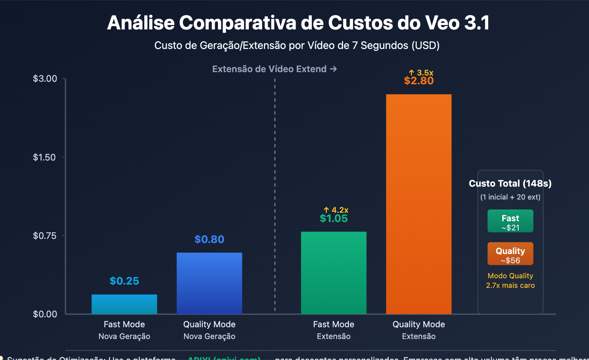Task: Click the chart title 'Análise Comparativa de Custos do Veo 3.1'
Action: [298, 23]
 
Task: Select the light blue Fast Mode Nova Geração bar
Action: [124, 304]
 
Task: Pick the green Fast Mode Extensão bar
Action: [334, 272]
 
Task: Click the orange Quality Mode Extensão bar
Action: [419, 204]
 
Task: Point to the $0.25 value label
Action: [124, 281]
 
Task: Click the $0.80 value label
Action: [209, 240]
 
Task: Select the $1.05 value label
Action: [334, 219]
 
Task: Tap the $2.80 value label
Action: [419, 81]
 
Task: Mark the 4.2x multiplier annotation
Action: [336, 210]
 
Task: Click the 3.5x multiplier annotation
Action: [422, 73]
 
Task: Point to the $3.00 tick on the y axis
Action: [45, 79]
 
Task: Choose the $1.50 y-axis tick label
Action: [45, 158]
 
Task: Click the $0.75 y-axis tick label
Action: [45, 236]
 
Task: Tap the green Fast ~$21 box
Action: [510, 221]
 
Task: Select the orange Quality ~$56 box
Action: [510, 254]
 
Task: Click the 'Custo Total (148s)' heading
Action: [510, 183]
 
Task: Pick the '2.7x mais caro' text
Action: [510, 285]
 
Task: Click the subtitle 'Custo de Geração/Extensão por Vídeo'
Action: [297, 46]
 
